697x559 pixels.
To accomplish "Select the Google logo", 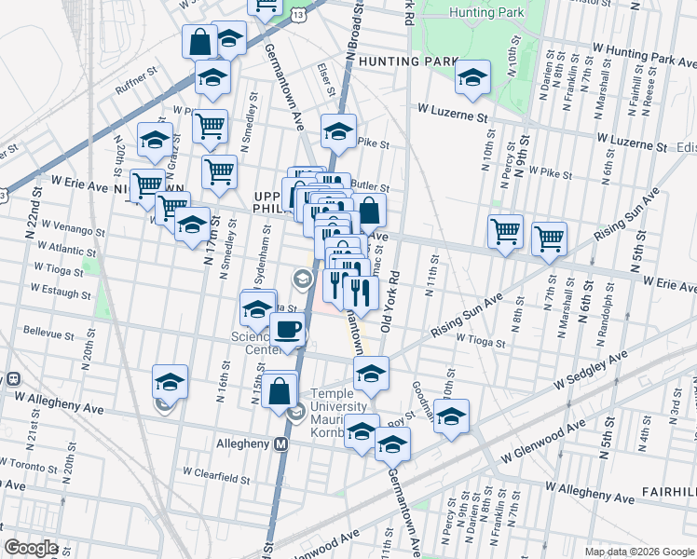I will click(31, 548).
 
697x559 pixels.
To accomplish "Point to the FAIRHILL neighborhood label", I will click(668, 490).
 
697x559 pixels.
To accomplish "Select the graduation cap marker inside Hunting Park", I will click(472, 78).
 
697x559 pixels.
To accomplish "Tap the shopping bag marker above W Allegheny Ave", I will click(279, 391).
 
